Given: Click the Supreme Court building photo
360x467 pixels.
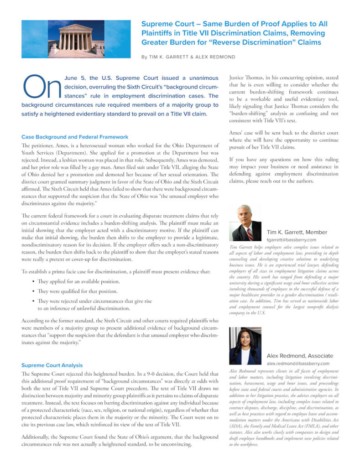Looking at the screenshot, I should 76,39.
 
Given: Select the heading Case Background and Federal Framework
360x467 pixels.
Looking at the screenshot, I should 75,137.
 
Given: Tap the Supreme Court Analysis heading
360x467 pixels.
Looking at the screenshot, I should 52,365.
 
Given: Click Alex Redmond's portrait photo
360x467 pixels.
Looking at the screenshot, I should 245,346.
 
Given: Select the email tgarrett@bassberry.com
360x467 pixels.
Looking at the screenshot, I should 291,239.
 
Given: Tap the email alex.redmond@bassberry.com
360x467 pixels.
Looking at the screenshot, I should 298,363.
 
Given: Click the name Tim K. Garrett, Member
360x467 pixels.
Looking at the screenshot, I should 297,232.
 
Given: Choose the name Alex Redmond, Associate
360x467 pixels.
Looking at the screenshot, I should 300,356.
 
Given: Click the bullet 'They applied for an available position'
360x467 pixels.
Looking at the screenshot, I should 80,282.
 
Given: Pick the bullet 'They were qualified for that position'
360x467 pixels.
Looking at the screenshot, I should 77,291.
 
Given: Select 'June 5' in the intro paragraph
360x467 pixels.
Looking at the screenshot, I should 74,78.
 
